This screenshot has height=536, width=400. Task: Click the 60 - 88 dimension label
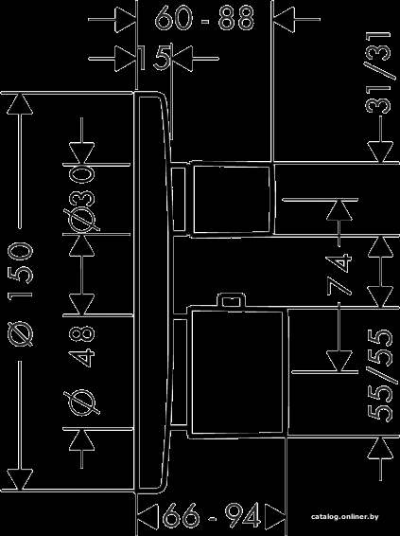[204, 18]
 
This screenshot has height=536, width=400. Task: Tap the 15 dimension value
[154, 59]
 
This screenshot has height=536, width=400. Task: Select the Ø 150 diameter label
[21, 294]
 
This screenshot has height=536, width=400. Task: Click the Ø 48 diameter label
[82, 370]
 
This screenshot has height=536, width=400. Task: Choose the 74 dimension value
[339, 274]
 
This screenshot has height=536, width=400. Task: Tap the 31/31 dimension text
[378, 73]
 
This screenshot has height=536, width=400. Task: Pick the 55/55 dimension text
[379, 376]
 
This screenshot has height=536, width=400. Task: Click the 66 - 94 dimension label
[211, 515]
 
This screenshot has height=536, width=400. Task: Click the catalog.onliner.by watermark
[345, 516]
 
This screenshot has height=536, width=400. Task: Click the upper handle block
[234, 199]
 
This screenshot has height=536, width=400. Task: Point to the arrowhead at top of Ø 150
[20, 103]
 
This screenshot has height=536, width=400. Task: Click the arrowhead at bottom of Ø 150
[20, 479]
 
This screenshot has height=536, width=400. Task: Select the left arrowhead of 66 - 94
[148, 515]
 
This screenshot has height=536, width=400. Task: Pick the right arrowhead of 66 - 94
[275, 515]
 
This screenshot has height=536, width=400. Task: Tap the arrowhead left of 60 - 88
[126, 19]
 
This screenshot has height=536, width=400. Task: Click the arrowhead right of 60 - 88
[284, 19]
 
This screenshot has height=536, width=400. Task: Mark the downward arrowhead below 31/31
[380, 152]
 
